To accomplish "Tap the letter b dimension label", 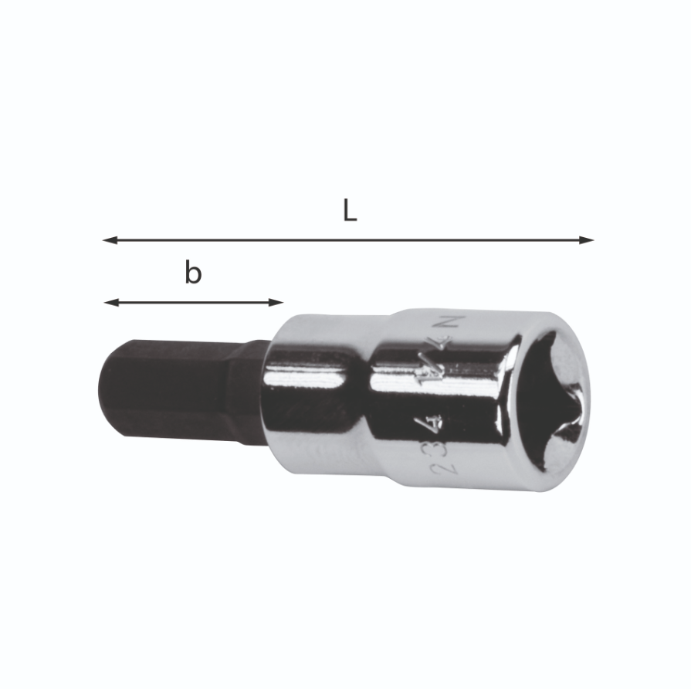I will (x=193, y=273).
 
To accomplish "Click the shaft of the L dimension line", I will (x=347, y=240).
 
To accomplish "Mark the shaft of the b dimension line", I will (x=193, y=302).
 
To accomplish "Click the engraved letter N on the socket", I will (x=457, y=323).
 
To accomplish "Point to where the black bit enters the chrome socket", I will (x=266, y=394).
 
